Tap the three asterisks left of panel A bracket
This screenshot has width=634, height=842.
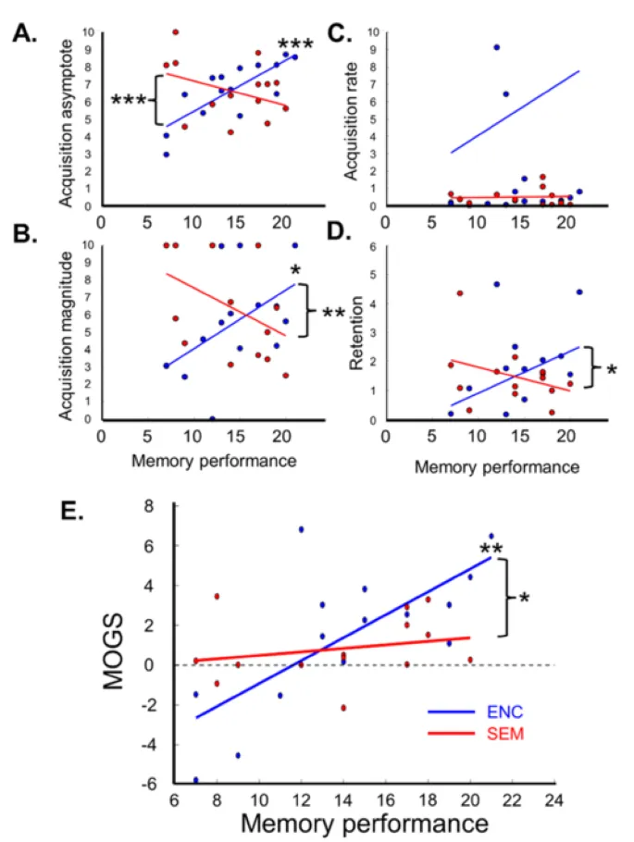pyautogui.click(x=129, y=99)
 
